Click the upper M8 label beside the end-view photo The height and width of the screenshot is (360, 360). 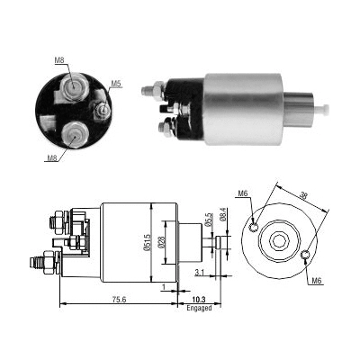(59, 60)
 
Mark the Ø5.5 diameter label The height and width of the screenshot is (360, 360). (209, 218)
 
